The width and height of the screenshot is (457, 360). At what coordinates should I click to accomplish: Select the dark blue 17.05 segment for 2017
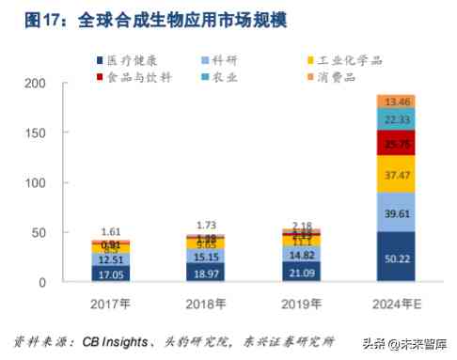pos(111,273)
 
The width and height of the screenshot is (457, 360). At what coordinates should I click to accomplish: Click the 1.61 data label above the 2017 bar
pos(111,231)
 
